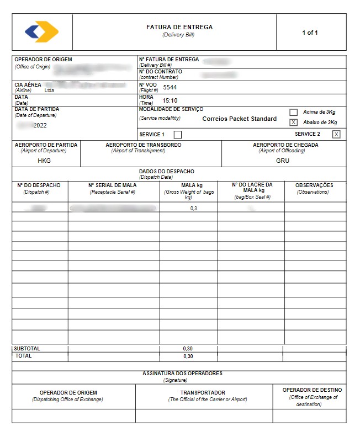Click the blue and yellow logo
coord(41,32)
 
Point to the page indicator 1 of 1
coord(310,33)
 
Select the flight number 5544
coord(170,87)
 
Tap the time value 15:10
coord(170,101)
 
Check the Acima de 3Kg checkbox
coord(294,112)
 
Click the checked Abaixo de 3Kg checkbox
coord(294,123)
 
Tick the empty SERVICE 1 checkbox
coord(177,135)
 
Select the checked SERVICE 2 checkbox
coord(336,134)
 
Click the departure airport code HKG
coord(44,161)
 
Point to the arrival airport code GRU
coord(283,161)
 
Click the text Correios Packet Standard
coord(239,119)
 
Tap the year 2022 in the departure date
coord(40,125)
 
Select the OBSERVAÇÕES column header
coord(314,185)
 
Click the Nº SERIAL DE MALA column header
coord(113,185)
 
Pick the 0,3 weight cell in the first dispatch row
coord(194,209)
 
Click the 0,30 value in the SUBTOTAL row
coord(188,349)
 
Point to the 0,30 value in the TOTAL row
coord(188,356)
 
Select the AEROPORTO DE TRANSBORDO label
coord(144,145)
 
